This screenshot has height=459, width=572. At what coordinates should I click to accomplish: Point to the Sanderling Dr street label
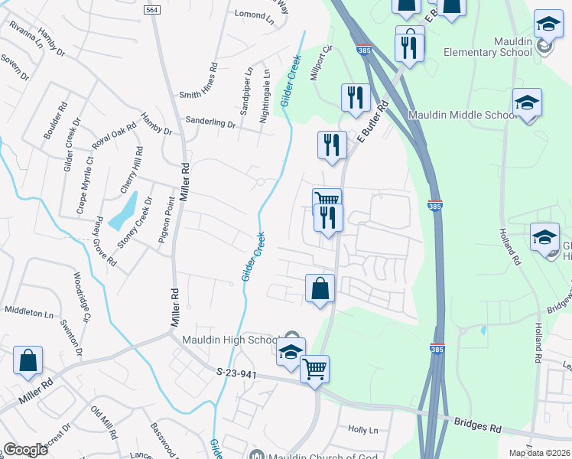[x=211, y=122]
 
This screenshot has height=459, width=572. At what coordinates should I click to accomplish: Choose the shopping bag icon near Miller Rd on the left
[x=28, y=361]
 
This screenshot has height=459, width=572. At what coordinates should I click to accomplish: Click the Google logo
[x=26, y=450]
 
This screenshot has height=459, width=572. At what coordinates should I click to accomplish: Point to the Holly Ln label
[x=363, y=430]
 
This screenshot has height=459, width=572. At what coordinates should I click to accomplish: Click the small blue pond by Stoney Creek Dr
[x=123, y=211]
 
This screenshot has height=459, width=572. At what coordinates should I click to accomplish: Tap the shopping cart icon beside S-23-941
[x=314, y=369]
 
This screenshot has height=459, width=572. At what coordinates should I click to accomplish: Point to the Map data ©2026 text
[x=538, y=453]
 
